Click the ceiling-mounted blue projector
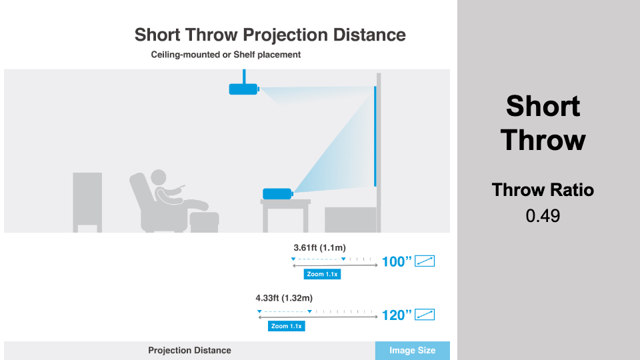point(244,89)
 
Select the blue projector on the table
point(277,194)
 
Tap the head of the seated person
point(159,177)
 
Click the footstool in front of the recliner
point(204,221)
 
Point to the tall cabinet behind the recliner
point(87,203)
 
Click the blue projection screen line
point(375,136)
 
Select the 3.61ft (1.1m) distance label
point(319,248)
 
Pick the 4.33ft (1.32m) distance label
point(284,298)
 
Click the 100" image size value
point(396,261)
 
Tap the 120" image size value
point(396,315)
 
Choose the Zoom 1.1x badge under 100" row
point(322,274)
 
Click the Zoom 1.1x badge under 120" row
point(286,326)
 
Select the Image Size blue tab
point(412,350)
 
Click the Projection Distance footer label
point(189,350)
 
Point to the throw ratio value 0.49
point(543,216)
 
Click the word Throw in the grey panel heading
point(543,140)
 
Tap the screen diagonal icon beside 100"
point(425,261)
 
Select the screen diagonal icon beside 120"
point(425,314)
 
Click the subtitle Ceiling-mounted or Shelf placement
point(226,55)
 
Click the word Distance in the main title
point(369,35)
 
